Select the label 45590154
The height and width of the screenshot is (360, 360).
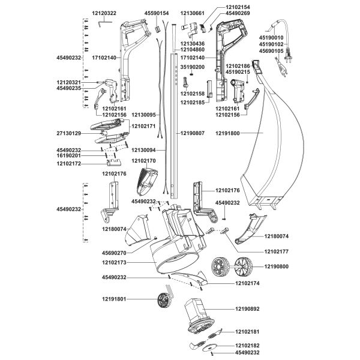pos(157,13)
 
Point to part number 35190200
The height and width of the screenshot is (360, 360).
pos(193,67)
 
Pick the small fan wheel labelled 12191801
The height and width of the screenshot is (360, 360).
pos(161,301)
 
